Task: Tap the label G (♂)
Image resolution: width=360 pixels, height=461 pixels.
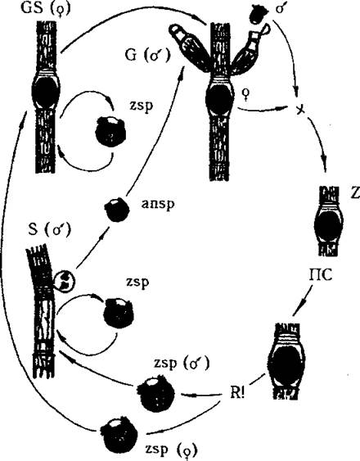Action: [x=147, y=55]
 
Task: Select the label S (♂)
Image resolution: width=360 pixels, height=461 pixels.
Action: [x=50, y=230]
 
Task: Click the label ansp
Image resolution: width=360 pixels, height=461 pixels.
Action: [x=158, y=203]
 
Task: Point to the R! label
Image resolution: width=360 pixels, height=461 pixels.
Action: [x=237, y=393]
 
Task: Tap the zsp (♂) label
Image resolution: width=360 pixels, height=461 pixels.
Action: [x=182, y=364]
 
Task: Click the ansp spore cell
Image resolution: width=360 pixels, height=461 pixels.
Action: [x=117, y=210]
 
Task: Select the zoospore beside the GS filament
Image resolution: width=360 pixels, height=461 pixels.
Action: [x=110, y=131]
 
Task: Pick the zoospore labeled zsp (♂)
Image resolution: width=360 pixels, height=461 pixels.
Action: [x=155, y=393]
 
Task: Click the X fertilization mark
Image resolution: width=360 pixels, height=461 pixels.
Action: [x=299, y=110]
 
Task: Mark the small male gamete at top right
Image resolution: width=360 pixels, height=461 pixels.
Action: [x=259, y=15]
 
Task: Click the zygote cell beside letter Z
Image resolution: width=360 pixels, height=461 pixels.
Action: [x=328, y=224]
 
